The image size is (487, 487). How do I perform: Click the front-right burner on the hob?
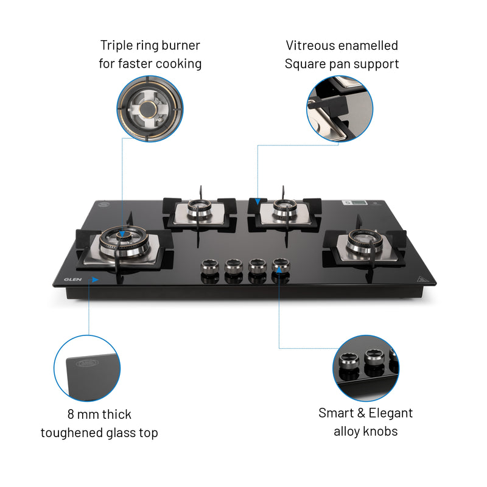pos(363,242)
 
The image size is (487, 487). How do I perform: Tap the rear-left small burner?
pos(198,209)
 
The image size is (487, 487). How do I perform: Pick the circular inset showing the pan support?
pos(339,109)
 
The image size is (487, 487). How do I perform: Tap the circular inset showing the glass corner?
pos(87,368)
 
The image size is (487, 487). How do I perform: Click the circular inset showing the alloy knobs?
pos(366,368)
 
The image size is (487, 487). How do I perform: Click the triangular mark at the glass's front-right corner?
pos(422,278)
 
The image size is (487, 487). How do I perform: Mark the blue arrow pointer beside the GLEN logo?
pos(93,279)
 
